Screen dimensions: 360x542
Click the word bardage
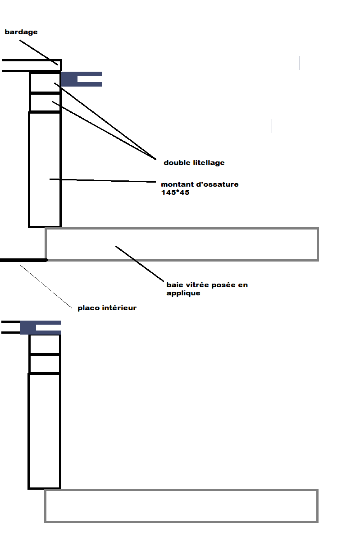coord(21,32)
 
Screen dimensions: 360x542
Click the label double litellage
coord(194,163)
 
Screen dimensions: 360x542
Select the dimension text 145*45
coord(175,193)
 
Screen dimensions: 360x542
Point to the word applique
coord(183,293)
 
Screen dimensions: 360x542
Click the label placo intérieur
coord(107,308)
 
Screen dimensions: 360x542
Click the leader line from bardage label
coord(39,52)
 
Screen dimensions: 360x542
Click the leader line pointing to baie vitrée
coord(140,264)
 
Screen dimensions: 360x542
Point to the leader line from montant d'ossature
coord(103,180)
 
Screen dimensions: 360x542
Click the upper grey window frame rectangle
coord(182,229)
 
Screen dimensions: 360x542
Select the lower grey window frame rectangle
coord(181,490)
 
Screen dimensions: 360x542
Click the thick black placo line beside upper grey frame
coord(24,260)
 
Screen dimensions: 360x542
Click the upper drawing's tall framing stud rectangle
coord(29,170)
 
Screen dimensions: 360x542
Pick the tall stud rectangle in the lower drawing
coord(29,431)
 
